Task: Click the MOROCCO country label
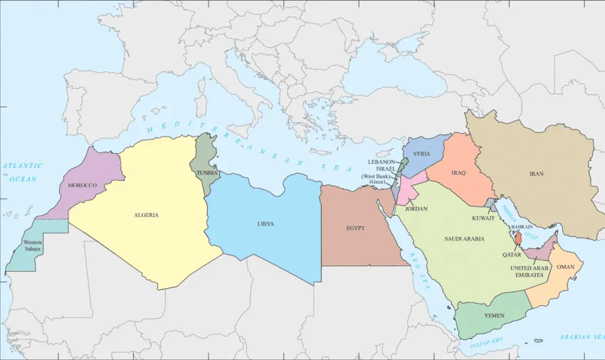click(82, 186)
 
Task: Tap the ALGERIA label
click(146, 215)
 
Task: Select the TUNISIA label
click(208, 173)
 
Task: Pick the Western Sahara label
click(32, 245)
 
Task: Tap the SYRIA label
click(421, 154)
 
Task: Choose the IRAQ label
click(456, 172)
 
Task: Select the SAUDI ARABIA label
click(464, 238)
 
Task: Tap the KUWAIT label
click(483, 218)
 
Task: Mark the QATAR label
click(512, 254)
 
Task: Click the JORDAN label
click(416, 208)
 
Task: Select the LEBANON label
click(382, 162)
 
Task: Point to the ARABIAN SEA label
click(582, 337)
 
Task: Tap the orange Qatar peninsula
click(518, 238)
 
